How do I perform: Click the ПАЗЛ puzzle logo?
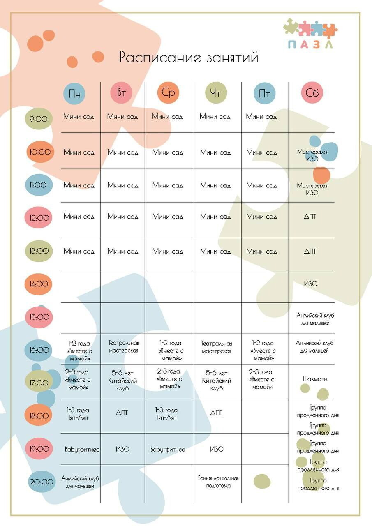pos(310,34)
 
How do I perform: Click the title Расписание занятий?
pos(189,57)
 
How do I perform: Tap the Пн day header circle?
pos(74,93)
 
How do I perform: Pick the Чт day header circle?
pos(216,93)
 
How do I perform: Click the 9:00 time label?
pos(39,119)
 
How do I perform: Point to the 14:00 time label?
pos(39,284)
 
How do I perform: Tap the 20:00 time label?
pos(42,482)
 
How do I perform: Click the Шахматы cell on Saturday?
pos(312,379)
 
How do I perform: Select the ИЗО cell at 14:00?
pos(311,284)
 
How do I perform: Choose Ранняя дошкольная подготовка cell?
pos(218,482)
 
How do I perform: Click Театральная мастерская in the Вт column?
pos(123,346)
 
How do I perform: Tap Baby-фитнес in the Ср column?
pos(168,449)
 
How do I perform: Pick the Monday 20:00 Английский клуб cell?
pos(80,482)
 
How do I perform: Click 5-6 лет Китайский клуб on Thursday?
pos(217,381)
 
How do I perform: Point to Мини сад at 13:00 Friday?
pos(262,251)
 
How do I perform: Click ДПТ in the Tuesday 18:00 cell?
pos(122,412)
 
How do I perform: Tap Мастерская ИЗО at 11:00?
pos(312,189)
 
